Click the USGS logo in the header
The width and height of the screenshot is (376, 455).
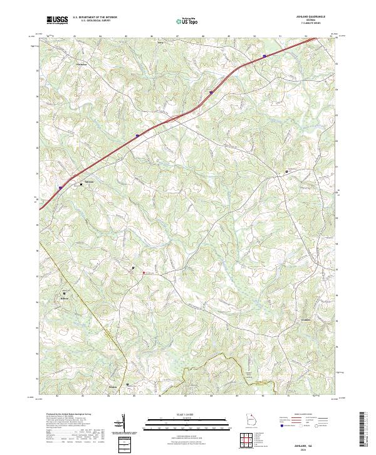click(x=58, y=21)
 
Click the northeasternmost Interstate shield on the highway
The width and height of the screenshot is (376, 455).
click(x=264, y=56)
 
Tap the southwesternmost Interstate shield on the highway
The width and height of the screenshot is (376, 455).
click(x=60, y=186)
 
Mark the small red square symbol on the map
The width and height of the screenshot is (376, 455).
click(x=143, y=272)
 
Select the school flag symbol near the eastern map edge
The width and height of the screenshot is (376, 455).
click(x=287, y=171)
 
